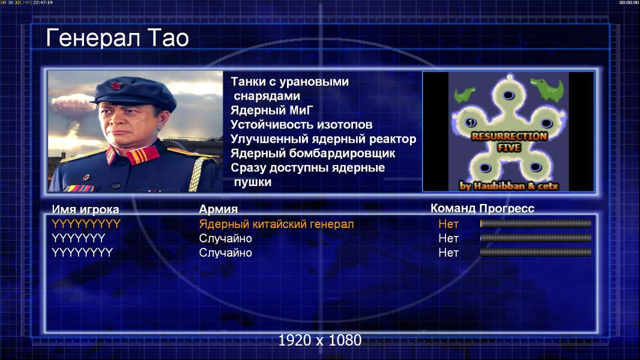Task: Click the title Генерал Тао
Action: [x=117, y=38]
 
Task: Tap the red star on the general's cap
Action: [x=116, y=86]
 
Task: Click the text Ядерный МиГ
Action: [x=272, y=110]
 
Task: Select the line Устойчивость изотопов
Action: [x=301, y=124]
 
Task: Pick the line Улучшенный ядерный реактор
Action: [x=323, y=139]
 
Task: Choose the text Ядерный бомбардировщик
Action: [x=313, y=153]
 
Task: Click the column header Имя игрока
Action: [x=85, y=209]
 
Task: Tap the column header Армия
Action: [x=219, y=209]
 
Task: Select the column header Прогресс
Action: [x=507, y=208]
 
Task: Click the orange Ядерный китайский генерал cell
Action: [x=276, y=224]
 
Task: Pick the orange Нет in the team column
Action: [x=448, y=224]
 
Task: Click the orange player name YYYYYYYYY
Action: [x=86, y=224]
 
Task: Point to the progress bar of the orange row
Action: [x=536, y=223]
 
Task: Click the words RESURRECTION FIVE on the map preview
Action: [x=509, y=142]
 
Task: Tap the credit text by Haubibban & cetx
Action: [x=509, y=186]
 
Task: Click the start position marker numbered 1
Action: [x=471, y=122]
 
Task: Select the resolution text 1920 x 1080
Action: [x=319, y=340]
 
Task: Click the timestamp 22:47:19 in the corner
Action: [x=43, y=2]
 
